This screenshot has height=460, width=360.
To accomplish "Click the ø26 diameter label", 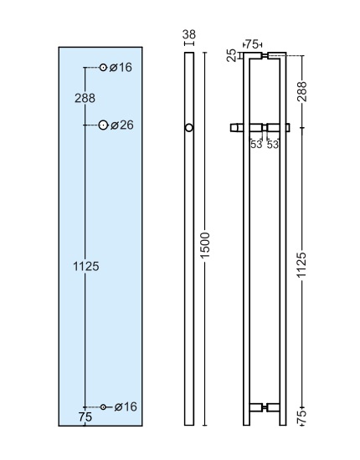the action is point(122,125).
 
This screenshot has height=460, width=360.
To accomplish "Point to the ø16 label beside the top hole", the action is point(121,68).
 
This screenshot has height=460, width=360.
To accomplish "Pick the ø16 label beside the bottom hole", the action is point(126,406).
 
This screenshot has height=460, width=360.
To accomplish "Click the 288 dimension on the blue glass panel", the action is point(85,98).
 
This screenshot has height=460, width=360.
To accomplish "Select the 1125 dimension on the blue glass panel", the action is point(85,266).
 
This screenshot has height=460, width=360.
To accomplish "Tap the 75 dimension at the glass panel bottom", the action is point(85,417).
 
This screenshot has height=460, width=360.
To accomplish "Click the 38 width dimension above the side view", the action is point(189,34).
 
